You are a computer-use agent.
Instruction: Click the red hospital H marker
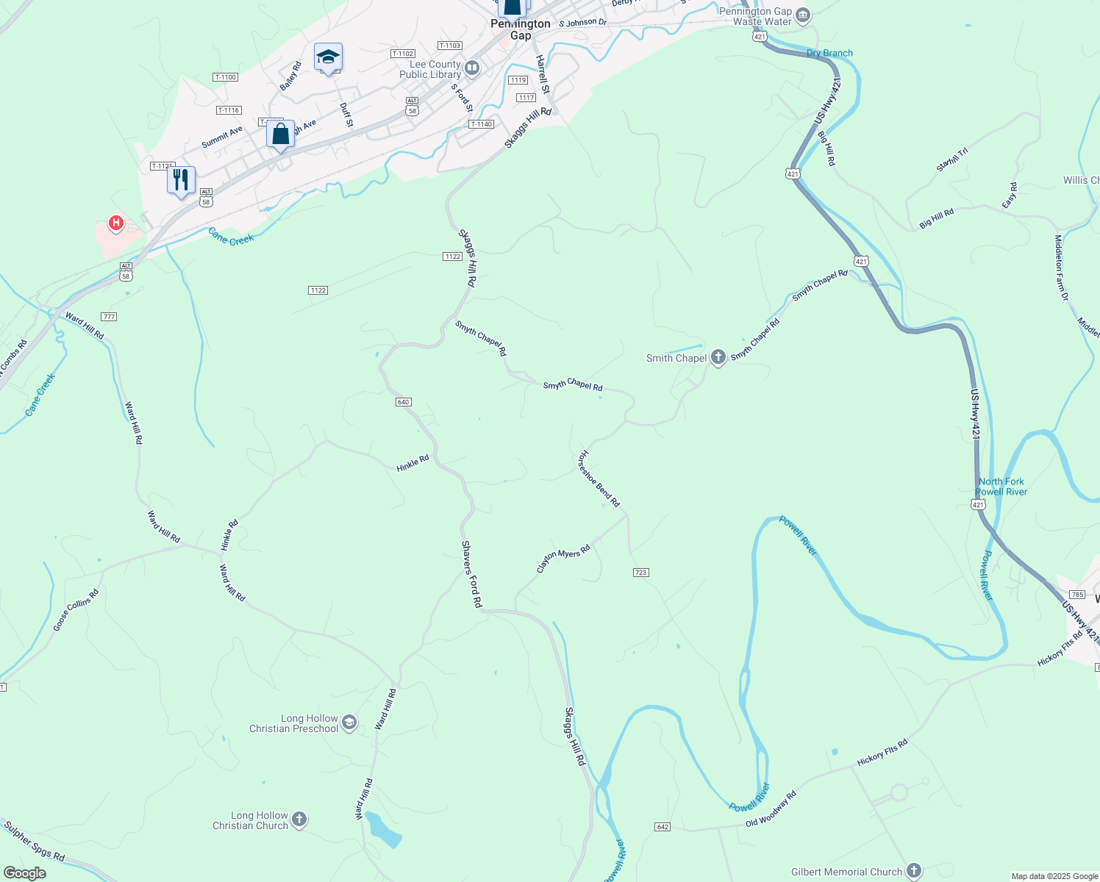tap(115, 222)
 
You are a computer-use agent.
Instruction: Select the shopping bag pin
tap(280, 135)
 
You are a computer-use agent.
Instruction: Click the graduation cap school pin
tap(328, 57)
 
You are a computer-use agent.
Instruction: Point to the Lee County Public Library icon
tap(472, 69)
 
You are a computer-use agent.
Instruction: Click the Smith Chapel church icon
tap(718, 358)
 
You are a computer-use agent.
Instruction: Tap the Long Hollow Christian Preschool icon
tap(349, 723)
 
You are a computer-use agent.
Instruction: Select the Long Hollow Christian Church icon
tap(299, 820)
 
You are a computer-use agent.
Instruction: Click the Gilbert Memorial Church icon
tap(913, 872)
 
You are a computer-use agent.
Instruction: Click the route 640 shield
tap(403, 402)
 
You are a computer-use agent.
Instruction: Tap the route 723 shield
tap(640, 573)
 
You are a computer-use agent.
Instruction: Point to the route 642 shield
tap(662, 827)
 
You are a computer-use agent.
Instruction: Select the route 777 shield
tap(109, 317)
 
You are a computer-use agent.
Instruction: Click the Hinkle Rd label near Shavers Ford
tap(413, 464)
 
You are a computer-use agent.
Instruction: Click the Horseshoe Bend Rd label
tap(599, 479)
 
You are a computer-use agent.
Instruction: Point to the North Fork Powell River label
tap(1001, 487)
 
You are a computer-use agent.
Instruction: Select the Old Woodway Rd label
tap(771, 809)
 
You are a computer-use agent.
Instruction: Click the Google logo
tap(24, 873)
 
